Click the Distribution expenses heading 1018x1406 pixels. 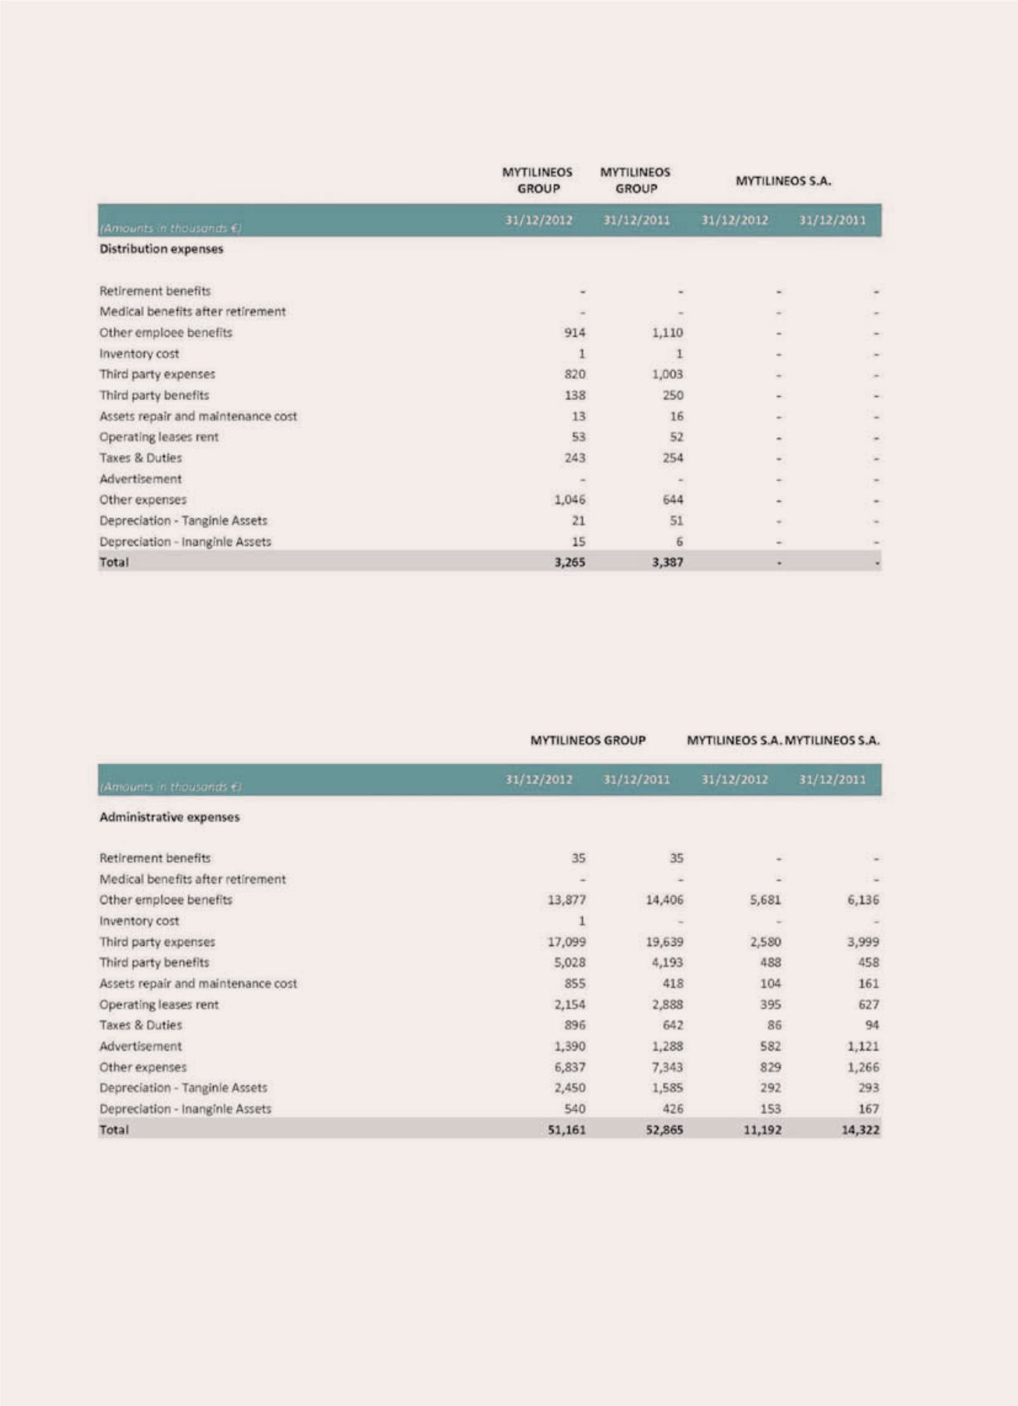pos(161,249)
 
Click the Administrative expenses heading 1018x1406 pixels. pos(169,817)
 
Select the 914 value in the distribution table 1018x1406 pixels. pos(574,333)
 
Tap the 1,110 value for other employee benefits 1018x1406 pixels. pos(667,333)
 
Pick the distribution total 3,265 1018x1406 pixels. pos(569,562)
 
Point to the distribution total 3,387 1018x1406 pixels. pos(667,562)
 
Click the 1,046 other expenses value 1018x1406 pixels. pos(569,499)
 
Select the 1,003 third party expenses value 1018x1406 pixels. pos(667,374)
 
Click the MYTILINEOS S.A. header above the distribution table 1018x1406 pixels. pos(783,181)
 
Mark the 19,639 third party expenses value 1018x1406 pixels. pos(664,942)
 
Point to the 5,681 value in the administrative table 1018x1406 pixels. pos(764,900)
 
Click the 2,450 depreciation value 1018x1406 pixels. pos(569,1088)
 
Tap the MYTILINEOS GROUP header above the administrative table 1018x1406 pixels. pos(588,741)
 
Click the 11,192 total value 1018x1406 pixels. pos(761,1130)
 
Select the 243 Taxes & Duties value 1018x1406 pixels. pos(574,458)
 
